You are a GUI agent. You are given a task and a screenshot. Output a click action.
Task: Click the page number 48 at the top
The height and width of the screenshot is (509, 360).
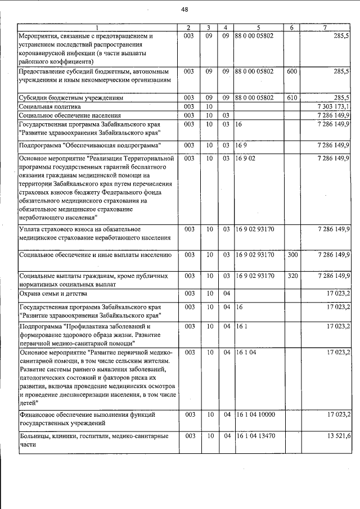184,9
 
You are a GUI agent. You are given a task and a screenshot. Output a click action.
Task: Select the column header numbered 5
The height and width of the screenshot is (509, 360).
258,28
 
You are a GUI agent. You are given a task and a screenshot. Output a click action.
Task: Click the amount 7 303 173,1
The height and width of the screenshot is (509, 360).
334,106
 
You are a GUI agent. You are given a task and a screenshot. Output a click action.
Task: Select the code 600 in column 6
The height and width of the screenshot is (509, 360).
291,71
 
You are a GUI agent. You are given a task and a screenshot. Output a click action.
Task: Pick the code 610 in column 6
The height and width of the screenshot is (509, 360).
291,97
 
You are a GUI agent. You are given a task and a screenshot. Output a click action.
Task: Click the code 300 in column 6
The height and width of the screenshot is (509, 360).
291,255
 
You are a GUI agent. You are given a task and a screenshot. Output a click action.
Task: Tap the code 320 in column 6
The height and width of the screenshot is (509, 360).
291,276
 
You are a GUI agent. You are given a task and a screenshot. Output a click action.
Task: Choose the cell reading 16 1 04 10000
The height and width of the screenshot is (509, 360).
256,414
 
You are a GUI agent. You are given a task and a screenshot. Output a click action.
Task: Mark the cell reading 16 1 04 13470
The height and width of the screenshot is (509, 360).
256,436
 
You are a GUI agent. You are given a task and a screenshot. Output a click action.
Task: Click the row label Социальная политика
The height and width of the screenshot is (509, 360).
50,106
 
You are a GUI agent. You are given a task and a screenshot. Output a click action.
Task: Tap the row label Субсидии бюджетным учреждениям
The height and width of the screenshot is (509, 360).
71,97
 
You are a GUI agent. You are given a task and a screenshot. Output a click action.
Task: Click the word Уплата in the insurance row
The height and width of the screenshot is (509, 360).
30,229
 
